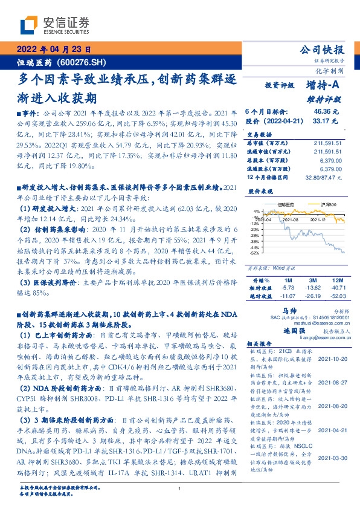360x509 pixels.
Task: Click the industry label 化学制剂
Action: click(x=332, y=70)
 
